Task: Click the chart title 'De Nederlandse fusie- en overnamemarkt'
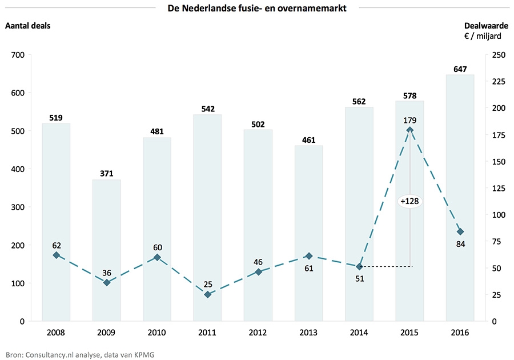pyautogui.click(x=256, y=8)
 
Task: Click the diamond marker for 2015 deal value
pyautogui.click(x=409, y=130)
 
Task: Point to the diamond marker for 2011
pyautogui.click(x=207, y=294)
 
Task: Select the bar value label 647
pyautogui.click(x=460, y=69)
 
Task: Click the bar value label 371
pyautogui.click(x=106, y=173)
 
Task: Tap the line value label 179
pyautogui.click(x=409, y=120)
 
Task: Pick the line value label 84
pyautogui.click(x=460, y=245)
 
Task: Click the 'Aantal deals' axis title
pyautogui.click(x=28, y=25)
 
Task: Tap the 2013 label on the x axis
pyautogui.click(x=308, y=332)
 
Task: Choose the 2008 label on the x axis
pyautogui.click(x=56, y=332)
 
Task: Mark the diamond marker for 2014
pyautogui.click(x=359, y=267)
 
